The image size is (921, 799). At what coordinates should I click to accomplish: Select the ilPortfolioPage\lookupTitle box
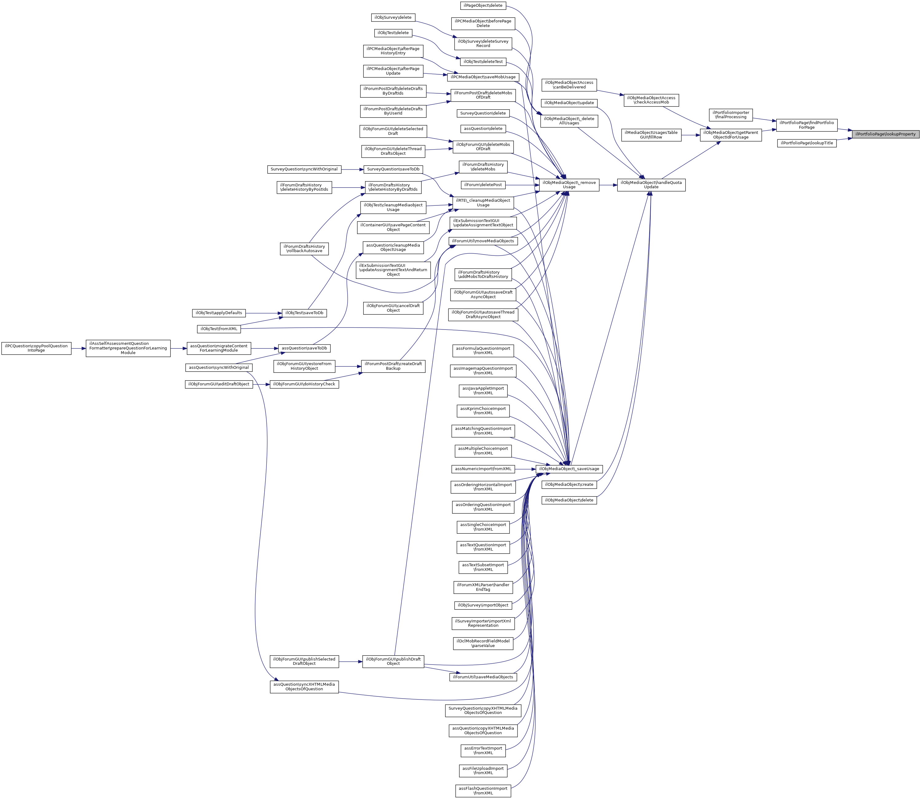pyautogui.click(x=807, y=143)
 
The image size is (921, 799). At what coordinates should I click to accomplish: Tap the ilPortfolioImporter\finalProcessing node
pyautogui.click(x=730, y=115)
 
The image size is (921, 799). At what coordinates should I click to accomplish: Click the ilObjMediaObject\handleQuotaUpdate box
pyautogui.click(x=651, y=185)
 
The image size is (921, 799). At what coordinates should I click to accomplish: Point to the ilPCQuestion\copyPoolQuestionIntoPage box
pyautogui.click(x=36, y=348)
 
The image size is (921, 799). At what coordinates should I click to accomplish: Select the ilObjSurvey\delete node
pyautogui.click(x=393, y=18)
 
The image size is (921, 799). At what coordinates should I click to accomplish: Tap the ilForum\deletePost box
pyautogui.click(x=483, y=185)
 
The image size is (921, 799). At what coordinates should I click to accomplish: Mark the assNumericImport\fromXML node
pyautogui.click(x=483, y=469)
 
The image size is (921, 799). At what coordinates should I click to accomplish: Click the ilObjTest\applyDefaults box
pyautogui.click(x=218, y=313)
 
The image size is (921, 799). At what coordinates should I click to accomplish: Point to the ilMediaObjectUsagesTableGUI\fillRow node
pyautogui.click(x=651, y=135)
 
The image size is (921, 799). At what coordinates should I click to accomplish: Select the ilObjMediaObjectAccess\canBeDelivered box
pyautogui.click(x=569, y=85)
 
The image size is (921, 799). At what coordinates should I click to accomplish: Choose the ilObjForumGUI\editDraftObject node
pyautogui.click(x=218, y=384)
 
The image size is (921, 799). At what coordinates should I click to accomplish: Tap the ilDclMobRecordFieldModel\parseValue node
pyautogui.click(x=483, y=643)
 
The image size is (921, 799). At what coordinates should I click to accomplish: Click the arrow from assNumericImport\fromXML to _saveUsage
pyautogui.click(x=525, y=469)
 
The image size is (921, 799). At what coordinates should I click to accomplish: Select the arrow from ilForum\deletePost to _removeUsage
pyautogui.click(x=522, y=185)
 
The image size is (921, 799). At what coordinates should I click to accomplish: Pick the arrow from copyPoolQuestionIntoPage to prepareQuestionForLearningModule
pyautogui.click(x=79, y=348)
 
